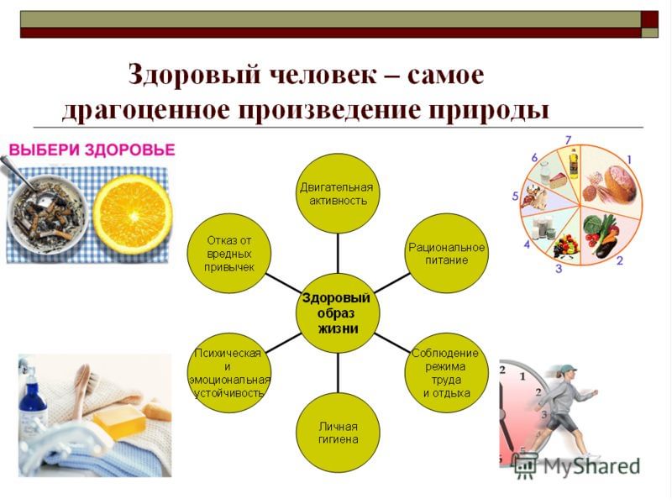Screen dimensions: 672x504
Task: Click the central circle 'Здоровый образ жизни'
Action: [339, 313]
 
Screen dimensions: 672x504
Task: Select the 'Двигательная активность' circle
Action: [339, 194]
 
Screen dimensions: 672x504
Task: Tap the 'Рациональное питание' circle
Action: [447, 254]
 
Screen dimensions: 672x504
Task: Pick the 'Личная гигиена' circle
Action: [339, 433]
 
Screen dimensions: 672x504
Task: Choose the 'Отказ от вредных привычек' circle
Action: [229, 254]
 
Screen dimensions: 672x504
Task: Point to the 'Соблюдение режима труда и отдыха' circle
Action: [447, 373]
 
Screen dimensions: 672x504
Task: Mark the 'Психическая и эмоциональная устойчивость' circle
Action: [229, 373]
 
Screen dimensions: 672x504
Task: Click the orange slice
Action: [133, 214]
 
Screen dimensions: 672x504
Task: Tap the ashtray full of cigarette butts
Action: [47, 213]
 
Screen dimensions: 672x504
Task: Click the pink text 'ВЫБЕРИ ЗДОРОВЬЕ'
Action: [92, 150]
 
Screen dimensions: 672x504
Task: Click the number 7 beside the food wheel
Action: [569, 140]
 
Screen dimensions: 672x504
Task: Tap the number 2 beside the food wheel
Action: [620, 260]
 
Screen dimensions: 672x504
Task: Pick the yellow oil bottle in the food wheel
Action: [574, 163]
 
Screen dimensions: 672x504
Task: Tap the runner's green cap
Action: [566, 369]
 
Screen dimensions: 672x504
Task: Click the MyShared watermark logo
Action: [577, 465]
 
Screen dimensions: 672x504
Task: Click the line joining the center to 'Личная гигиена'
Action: [339, 373]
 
